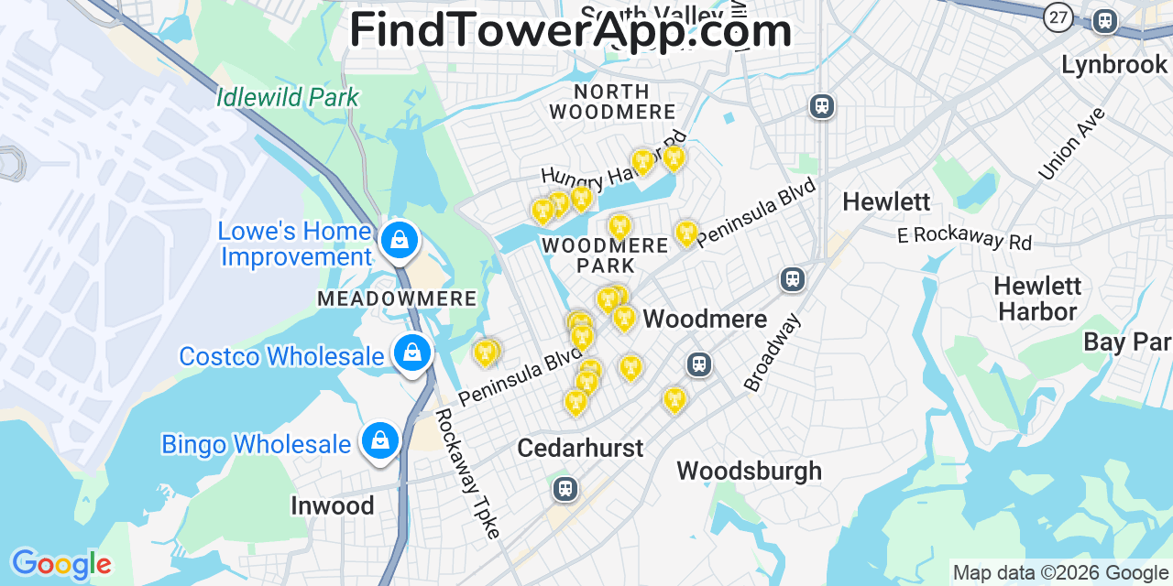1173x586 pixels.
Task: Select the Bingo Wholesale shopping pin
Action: pyautogui.click(x=379, y=441)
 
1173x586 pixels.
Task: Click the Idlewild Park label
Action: pyautogui.click(x=288, y=97)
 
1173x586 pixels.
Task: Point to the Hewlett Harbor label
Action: pyautogui.click(x=1037, y=298)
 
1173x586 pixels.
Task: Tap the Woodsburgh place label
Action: pyautogui.click(x=749, y=471)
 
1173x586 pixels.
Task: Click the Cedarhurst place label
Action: pyautogui.click(x=580, y=448)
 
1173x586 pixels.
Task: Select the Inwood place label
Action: pyautogui.click(x=332, y=505)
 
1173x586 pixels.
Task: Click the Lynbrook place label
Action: pyautogui.click(x=1113, y=65)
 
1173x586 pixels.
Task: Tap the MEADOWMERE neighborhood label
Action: pyautogui.click(x=397, y=298)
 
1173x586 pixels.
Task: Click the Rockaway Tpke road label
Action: pyautogui.click(x=467, y=472)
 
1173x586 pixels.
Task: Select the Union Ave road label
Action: pyautogui.click(x=1072, y=143)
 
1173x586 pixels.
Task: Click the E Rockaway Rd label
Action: pyautogui.click(x=964, y=237)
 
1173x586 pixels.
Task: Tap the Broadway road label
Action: pyautogui.click(x=773, y=353)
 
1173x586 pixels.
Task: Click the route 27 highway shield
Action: pyautogui.click(x=1058, y=16)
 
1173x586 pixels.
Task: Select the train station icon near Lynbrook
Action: pyautogui.click(x=1105, y=21)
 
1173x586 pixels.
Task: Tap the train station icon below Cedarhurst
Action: pyautogui.click(x=565, y=488)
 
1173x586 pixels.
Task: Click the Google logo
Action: pyautogui.click(x=60, y=564)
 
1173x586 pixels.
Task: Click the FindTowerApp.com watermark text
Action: pyautogui.click(x=570, y=30)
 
